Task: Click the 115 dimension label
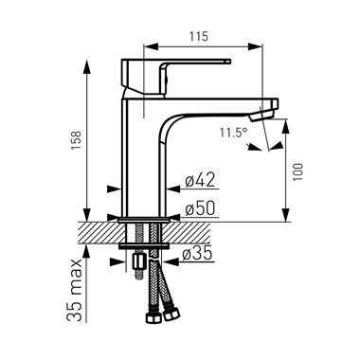pyautogui.click(x=199, y=36)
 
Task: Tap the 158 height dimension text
pyautogui.click(x=77, y=140)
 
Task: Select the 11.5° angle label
pyautogui.click(x=233, y=133)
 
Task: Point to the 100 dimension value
pyautogui.click(x=297, y=171)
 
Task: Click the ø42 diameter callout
pyautogui.click(x=200, y=180)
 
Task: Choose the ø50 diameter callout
pyautogui.click(x=200, y=208)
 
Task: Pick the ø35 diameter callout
pyautogui.click(x=197, y=254)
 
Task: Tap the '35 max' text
pyautogui.click(x=75, y=290)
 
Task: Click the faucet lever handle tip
pyautogui.click(x=228, y=62)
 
